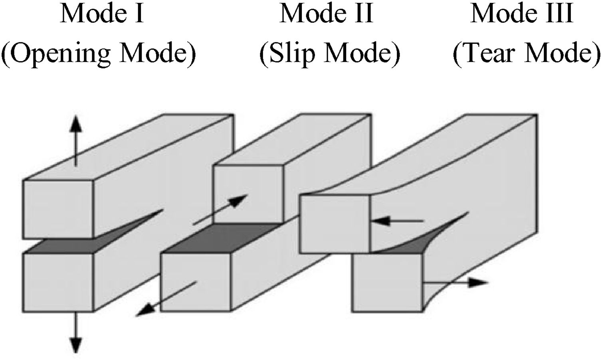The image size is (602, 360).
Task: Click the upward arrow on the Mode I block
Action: (x=75, y=142)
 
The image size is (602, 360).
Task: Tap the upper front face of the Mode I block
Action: (x=58, y=210)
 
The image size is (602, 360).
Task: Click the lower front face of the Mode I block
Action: (x=58, y=282)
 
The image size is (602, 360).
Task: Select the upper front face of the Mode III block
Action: (x=335, y=224)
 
